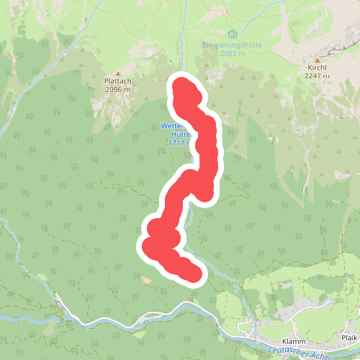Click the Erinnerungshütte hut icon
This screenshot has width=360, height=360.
(x=232, y=35)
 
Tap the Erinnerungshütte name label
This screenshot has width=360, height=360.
(x=231, y=45)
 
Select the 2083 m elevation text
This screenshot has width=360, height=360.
(x=232, y=53)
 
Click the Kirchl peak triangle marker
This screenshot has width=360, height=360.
(x=317, y=60)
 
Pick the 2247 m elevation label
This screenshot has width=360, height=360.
(x=317, y=75)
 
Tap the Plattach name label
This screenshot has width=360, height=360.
(x=117, y=81)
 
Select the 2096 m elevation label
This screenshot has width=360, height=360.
(x=117, y=89)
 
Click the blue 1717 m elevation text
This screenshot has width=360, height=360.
(x=178, y=143)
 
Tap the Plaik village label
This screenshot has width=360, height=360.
(x=349, y=337)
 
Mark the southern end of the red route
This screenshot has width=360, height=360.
(x=192, y=274)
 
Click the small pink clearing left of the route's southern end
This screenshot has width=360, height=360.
(x=146, y=280)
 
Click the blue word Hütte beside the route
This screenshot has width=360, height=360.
(x=180, y=134)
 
